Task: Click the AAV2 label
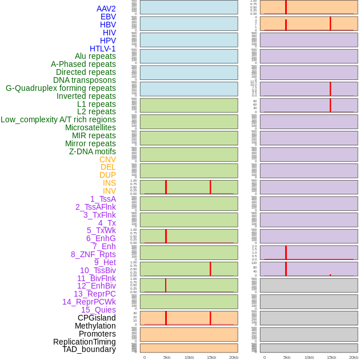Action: (x=106, y=9)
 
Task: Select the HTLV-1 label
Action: (x=103, y=49)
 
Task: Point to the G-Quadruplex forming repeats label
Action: (x=61, y=88)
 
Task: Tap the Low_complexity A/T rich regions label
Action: (x=58, y=119)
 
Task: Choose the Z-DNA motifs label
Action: (x=93, y=151)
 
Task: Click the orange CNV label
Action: (x=107, y=159)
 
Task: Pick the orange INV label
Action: (x=109, y=191)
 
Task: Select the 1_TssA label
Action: (x=103, y=199)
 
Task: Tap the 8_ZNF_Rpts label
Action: (x=93, y=254)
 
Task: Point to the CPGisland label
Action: (x=97, y=318)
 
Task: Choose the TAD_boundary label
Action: (x=89, y=349)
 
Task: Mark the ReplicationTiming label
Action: (x=85, y=342)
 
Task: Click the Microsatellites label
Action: (x=90, y=127)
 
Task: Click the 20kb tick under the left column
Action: (x=234, y=357)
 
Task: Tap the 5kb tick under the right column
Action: (x=287, y=357)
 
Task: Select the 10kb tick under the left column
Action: (x=189, y=357)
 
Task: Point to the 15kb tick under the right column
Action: (x=331, y=357)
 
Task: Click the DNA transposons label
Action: (x=85, y=80)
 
